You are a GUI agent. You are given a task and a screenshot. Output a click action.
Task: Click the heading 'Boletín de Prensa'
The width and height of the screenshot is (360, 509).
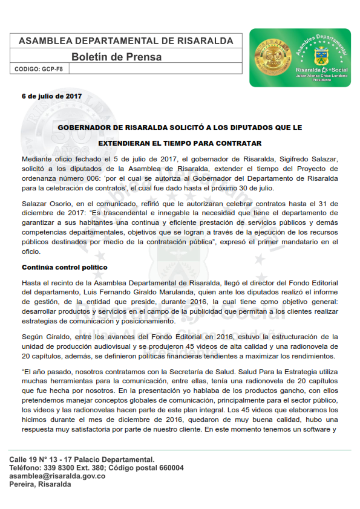point(117,57)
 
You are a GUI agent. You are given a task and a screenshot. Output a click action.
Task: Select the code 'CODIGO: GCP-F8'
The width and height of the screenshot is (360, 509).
point(39,70)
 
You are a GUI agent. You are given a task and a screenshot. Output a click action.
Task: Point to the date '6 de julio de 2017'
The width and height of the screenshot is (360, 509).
point(51,96)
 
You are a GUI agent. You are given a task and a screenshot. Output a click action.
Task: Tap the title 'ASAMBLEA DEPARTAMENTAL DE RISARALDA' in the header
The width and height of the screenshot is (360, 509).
point(126,41)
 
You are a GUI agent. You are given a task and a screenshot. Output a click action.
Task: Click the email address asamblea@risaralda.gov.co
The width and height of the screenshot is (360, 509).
point(57,476)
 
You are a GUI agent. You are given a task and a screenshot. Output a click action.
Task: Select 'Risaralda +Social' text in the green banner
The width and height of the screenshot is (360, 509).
point(318,71)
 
